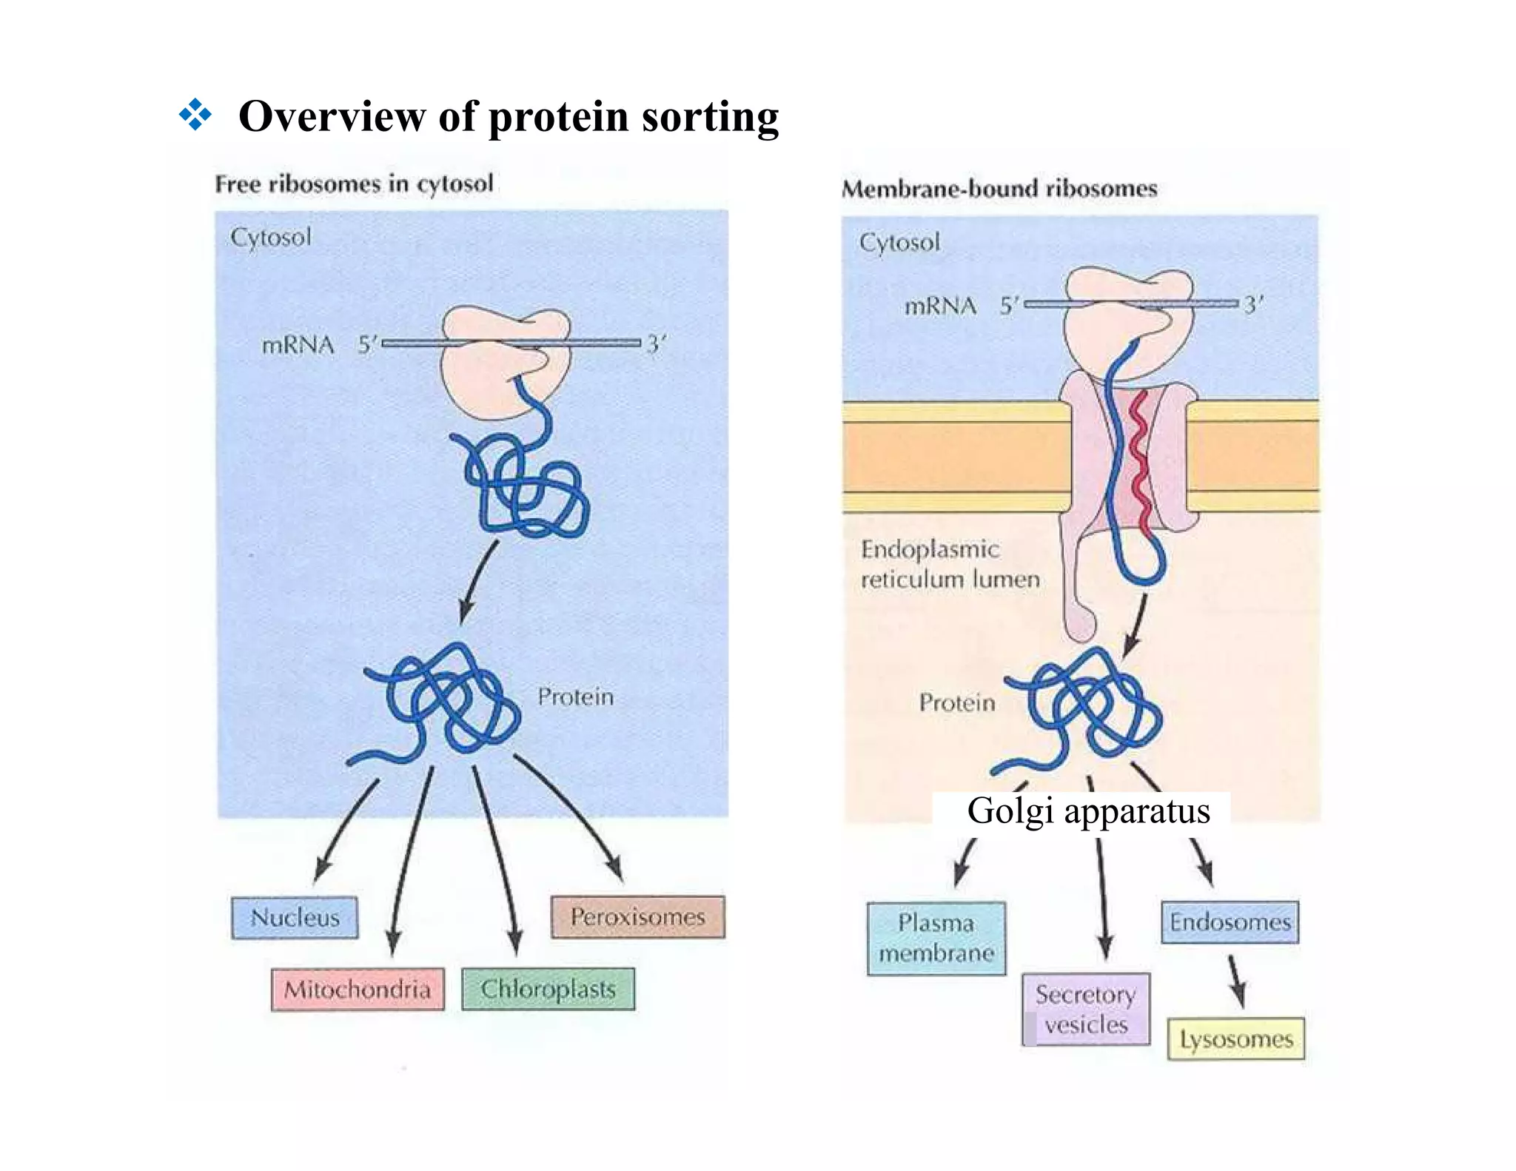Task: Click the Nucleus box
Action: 295,918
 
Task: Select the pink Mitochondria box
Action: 358,989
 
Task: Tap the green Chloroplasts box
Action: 548,989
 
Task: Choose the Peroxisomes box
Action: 637,917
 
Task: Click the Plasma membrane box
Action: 936,938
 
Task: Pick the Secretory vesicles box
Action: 1086,1009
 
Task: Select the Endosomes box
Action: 1230,922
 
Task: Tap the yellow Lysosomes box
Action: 1235,1039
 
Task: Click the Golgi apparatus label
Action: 1088,811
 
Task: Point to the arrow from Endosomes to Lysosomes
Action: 1236,981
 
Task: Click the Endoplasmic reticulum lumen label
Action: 950,564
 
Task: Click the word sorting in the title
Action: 710,116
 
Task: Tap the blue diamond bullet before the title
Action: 195,115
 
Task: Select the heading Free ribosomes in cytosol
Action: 354,183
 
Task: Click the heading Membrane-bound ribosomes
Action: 999,188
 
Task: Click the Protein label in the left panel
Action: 575,697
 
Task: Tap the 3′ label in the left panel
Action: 656,344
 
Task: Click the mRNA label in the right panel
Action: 940,306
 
